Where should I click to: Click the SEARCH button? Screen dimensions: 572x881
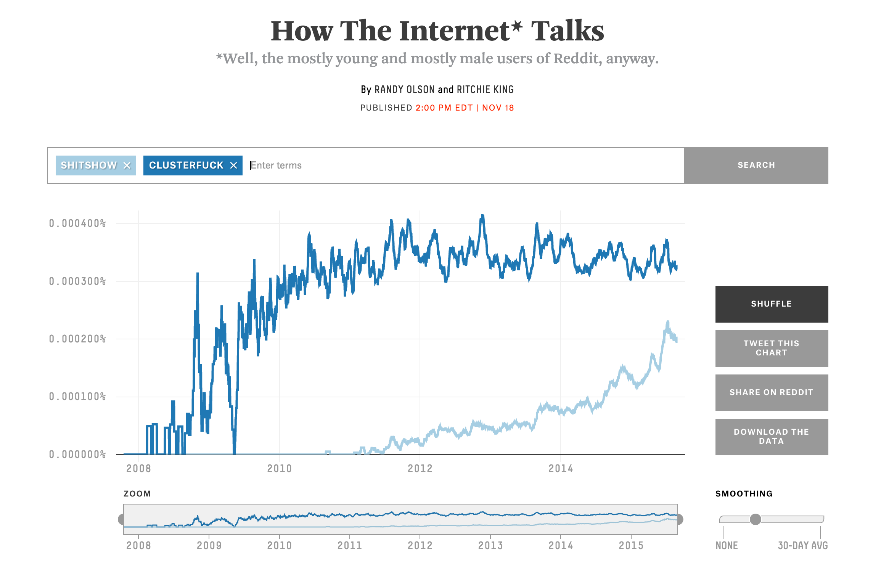tap(756, 165)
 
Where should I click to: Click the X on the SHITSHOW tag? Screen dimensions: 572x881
tap(127, 165)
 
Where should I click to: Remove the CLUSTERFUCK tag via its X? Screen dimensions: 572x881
tap(233, 165)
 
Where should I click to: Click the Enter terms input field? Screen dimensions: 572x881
tap(458, 165)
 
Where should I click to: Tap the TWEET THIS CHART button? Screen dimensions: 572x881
tap(772, 348)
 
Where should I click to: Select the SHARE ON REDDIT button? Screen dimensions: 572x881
tap(772, 392)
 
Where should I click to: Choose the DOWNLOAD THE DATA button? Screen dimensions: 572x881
tap(772, 437)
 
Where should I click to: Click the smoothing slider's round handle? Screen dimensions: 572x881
tap(755, 519)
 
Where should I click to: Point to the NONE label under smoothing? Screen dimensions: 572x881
tap(727, 546)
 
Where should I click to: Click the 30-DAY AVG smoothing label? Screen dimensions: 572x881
tap(803, 546)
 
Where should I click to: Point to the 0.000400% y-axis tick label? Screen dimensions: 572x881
tap(77, 223)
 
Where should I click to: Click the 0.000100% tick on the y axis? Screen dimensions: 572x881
tap(77, 397)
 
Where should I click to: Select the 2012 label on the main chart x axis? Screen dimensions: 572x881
tap(420, 469)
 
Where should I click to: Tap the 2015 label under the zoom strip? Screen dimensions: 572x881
tap(631, 546)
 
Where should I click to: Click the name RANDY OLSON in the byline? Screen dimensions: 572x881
tap(405, 90)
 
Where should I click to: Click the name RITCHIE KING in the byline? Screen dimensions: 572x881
tap(485, 90)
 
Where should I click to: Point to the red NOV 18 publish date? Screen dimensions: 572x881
tap(498, 108)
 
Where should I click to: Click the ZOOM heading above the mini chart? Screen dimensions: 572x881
tap(137, 494)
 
